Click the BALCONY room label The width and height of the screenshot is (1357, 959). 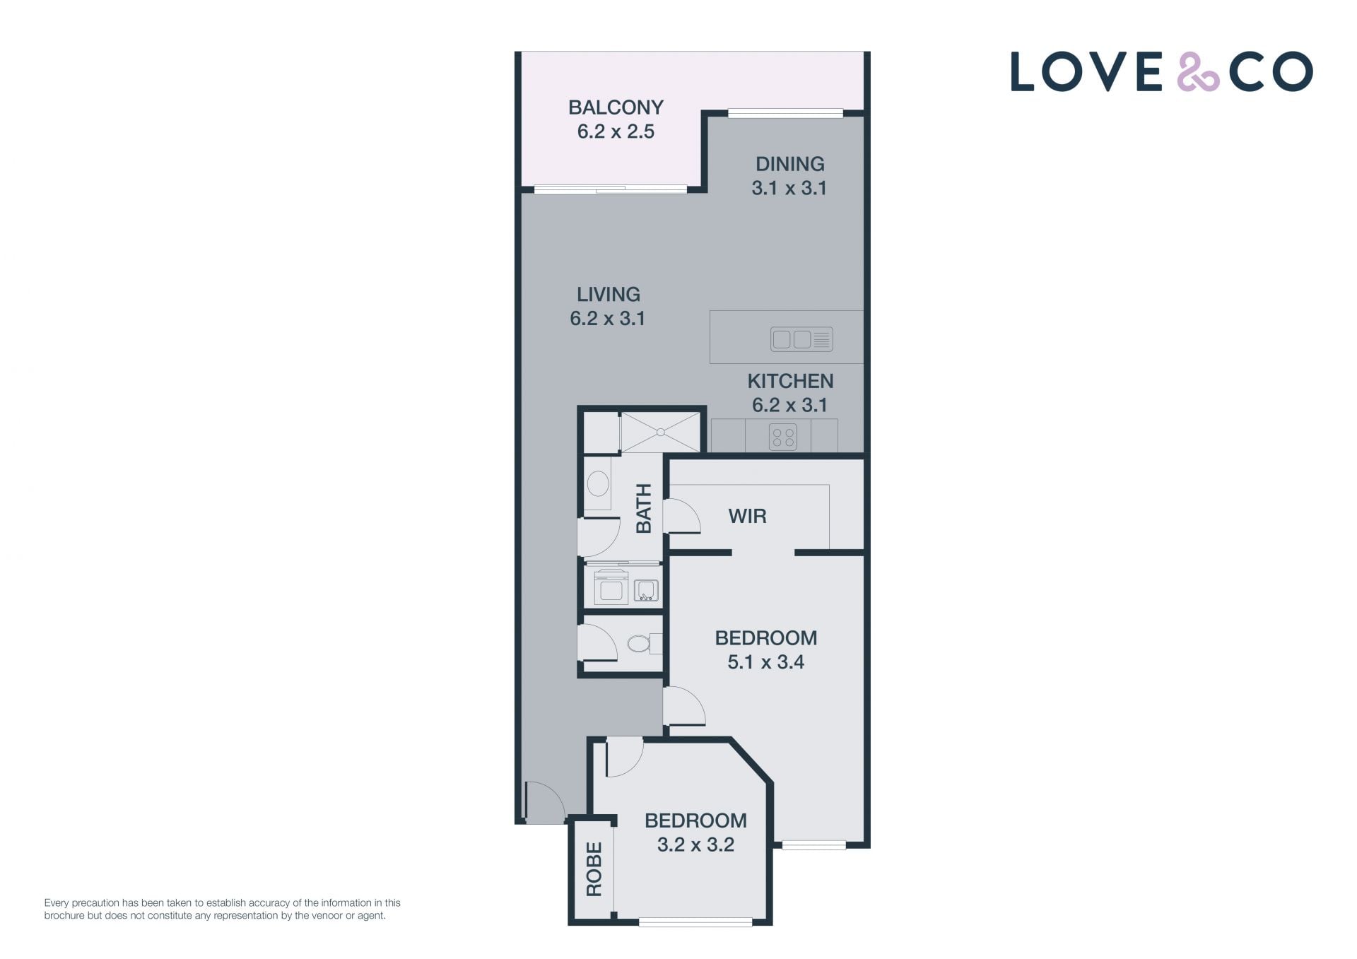[x=616, y=107]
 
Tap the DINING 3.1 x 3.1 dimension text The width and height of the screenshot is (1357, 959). [x=789, y=188]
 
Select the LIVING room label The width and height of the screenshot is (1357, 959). [x=609, y=294]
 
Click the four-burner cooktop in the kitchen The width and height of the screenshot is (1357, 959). [x=783, y=436]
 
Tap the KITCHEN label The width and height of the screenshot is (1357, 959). [x=790, y=381]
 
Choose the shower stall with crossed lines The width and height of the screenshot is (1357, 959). [x=660, y=432]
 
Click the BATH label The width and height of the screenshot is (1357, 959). [x=643, y=509]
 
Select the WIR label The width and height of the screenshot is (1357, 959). [x=747, y=516]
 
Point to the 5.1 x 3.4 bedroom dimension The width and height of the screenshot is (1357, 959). [x=766, y=662]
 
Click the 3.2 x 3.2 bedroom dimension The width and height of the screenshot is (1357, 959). [x=696, y=845]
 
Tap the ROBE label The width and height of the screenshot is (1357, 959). [x=594, y=869]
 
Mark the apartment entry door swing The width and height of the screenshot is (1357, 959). [x=545, y=802]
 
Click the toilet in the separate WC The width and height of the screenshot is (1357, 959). [x=640, y=643]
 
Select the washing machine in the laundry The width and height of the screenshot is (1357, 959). [x=611, y=587]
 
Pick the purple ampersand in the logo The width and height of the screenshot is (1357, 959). [x=1198, y=71]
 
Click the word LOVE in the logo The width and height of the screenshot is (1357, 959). [x=1086, y=71]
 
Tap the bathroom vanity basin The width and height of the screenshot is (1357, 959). [x=598, y=485]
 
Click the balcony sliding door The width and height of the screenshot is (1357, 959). [x=611, y=189]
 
